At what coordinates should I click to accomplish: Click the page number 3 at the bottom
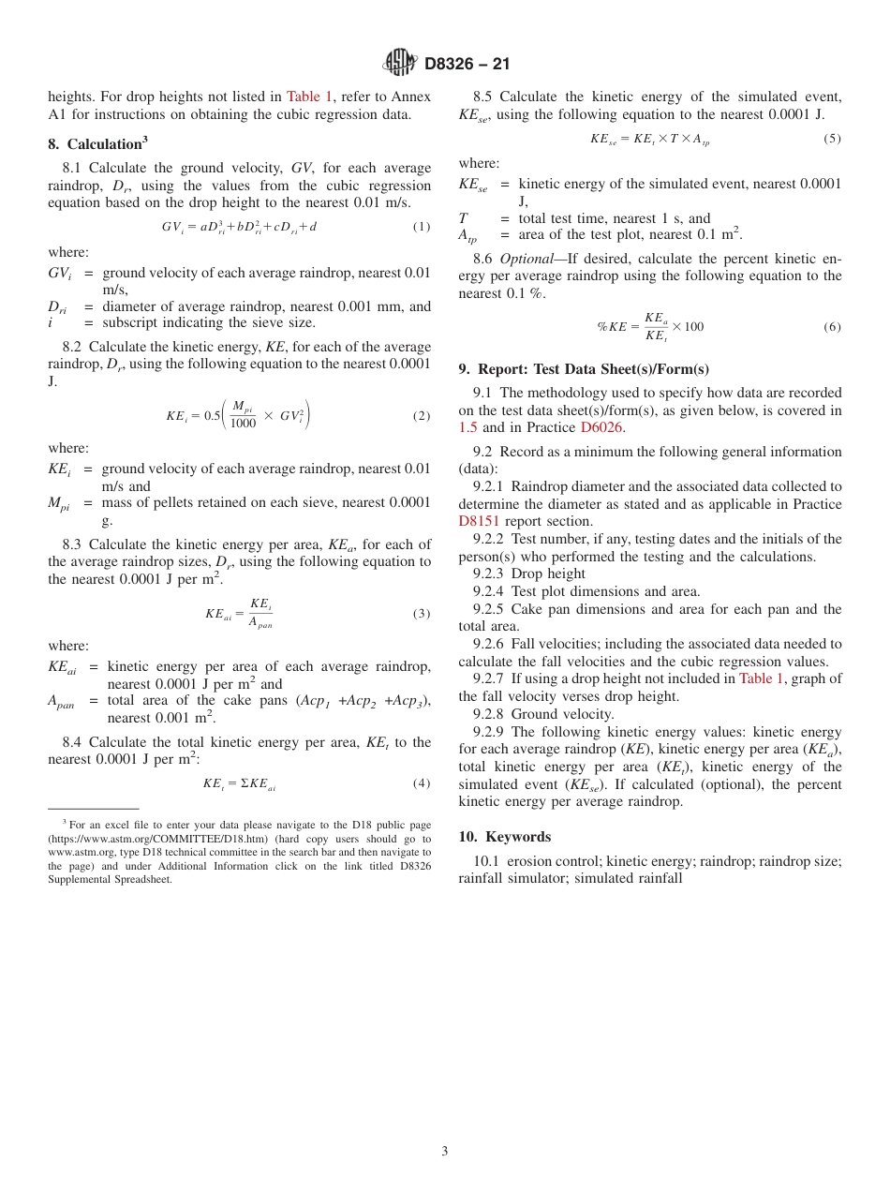pyautogui.click(x=445, y=1151)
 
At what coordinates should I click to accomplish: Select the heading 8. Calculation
pyautogui.click(x=97, y=144)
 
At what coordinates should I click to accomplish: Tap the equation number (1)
pyautogui.click(x=422, y=227)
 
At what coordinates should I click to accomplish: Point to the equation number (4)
pyautogui.click(x=422, y=782)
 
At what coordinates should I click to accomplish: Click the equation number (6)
pyautogui.click(x=832, y=327)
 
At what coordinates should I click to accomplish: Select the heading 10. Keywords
pyautogui.click(x=505, y=837)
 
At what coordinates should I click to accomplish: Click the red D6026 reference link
pyautogui.click(x=601, y=427)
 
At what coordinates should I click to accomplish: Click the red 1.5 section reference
pyautogui.click(x=467, y=427)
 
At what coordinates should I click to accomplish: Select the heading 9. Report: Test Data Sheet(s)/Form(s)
pyautogui.click(x=584, y=369)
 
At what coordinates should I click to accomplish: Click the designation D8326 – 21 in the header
pyautogui.click(x=467, y=64)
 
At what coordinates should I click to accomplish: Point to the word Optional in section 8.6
pyautogui.click(x=527, y=259)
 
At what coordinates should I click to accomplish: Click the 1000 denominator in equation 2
pyautogui.click(x=243, y=424)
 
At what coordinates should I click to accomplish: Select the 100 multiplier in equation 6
pyautogui.click(x=693, y=327)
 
